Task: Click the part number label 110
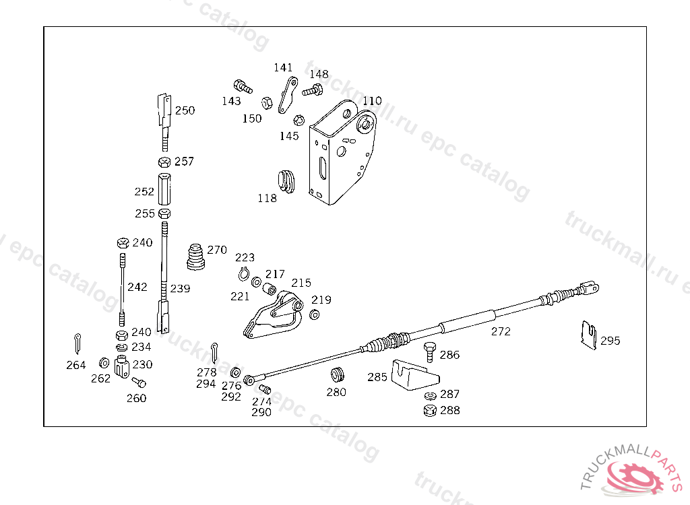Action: (372, 101)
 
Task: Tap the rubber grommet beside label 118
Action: (287, 180)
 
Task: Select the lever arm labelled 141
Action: (288, 95)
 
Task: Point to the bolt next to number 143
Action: (242, 86)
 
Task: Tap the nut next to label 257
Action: (164, 162)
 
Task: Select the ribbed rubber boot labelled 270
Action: (196, 257)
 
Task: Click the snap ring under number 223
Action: (245, 273)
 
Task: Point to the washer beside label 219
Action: (315, 314)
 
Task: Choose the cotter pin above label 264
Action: (78, 342)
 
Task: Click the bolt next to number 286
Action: (429, 352)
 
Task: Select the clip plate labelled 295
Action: (589, 335)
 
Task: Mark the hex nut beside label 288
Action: (429, 410)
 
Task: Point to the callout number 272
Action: (501, 331)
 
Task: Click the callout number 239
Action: (180, 289)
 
